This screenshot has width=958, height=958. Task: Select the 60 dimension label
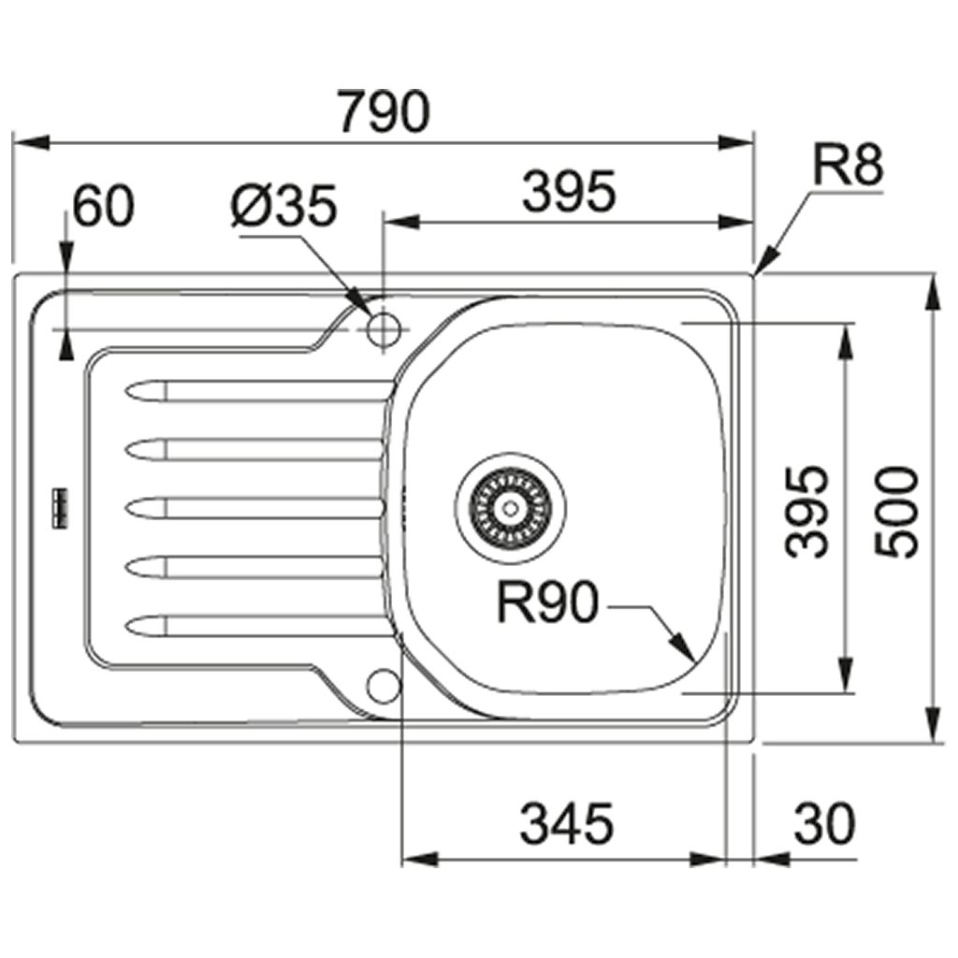pos(104,207)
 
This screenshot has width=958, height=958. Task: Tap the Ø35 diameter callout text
pos(282,208)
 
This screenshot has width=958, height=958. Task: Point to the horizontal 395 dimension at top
pos(569,192)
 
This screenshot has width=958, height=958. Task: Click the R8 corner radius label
pos(847,167)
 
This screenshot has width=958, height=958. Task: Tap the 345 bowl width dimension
pos(566,824)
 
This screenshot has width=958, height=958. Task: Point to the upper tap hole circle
pos(384,328)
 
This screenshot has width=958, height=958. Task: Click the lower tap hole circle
pos(383,684)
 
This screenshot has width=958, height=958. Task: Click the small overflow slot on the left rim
pos(62,506)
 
